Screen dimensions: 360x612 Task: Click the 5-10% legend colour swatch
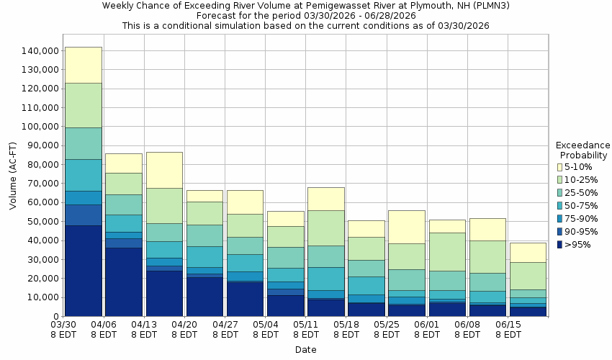(x=560, y=167)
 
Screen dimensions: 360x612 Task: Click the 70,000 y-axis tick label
(x=40, y=184)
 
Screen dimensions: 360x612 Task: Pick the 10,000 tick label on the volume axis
(x=40, y=297)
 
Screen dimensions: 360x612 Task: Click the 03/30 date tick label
(x=63, y=325)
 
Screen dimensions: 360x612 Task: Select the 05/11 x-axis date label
(x=306, y=325)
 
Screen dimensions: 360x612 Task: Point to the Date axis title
(x=305, y=350)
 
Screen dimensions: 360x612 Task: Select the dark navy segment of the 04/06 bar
(x=123, y=282)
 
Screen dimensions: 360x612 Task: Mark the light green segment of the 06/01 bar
(x=447, y=251)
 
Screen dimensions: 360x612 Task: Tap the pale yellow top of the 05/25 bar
(x=407, y=227)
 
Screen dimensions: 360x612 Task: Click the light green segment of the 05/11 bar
(x=325, y=228)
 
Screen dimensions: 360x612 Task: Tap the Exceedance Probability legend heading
(x=582, y=150)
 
